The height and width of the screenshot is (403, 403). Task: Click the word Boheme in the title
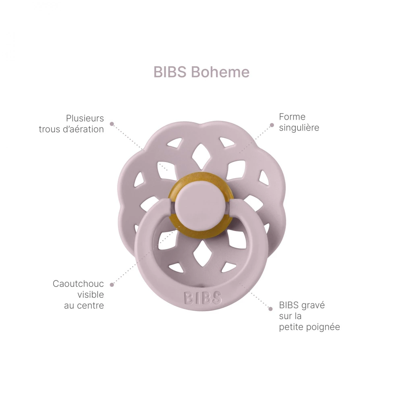coord(220,72)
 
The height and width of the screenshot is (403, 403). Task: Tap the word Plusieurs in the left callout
coord(85,118)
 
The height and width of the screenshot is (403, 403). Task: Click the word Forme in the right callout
coord(292,117)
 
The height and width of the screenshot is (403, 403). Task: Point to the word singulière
coord(299,128)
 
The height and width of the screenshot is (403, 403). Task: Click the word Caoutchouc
coord(78,284)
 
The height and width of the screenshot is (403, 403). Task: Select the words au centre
coord(84,305)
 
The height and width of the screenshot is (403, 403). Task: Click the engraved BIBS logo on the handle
coord(203,298)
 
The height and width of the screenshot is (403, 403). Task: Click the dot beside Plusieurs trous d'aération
coord(112,124)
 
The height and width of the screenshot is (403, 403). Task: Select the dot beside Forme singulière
coord(272,125)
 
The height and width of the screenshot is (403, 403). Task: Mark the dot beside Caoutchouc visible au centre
coord(112,285)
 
